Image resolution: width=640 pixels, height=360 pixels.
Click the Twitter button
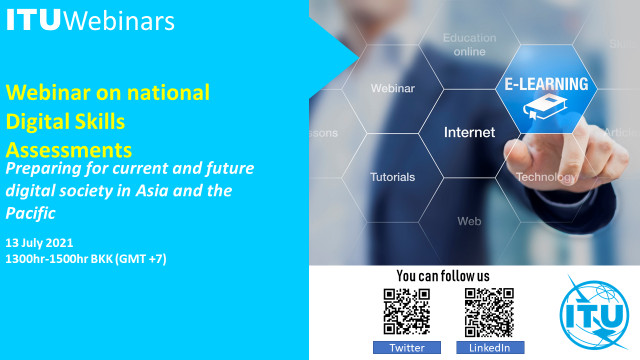click(x=407, y=347)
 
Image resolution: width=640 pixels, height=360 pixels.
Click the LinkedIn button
click(x=490, y=347)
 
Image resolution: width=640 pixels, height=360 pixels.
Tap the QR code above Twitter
click(x=406, y=311)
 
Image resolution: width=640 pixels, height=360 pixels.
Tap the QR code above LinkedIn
click(x=489, y=312)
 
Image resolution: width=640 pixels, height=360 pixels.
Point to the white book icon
click(x=545, y=107)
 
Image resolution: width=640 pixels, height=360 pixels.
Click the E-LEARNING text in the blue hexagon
click(x=546, y=84)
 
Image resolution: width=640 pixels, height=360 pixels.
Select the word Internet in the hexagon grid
click(x=469, y=132)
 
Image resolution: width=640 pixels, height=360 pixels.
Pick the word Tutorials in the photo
click(x=392, y=177)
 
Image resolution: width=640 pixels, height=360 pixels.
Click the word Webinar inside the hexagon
click(x=392, y=88)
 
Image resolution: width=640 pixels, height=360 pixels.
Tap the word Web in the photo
click(x=469, y=221)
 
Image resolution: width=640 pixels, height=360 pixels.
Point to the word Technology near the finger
click(x=545, y=177)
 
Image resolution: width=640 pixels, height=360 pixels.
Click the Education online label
click(x=469, y=44)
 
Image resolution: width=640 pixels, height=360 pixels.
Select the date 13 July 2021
click(x=39, y=243)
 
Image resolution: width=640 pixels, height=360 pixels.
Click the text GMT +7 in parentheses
click(x=141, y=259)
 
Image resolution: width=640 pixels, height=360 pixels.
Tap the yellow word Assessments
click(x=69, y=150)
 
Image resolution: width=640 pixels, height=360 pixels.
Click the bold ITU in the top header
click(x=33, y=19)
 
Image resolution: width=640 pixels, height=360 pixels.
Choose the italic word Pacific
click(x=30, y=213)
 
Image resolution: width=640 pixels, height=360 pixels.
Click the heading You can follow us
click(x=443, y=276)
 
